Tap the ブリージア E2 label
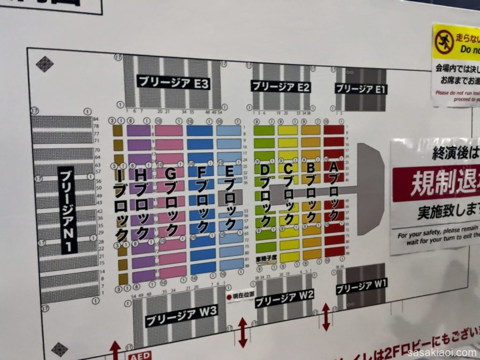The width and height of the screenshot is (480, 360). click(281, 87)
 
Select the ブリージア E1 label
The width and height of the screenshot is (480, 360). click(361, 89)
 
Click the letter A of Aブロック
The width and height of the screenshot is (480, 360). click(333, 167)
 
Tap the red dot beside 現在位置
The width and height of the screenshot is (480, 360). click(230, 297)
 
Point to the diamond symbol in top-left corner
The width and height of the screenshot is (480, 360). click(45, 64)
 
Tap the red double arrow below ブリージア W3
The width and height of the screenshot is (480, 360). click(242, 333)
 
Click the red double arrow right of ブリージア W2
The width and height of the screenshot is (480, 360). click(325, 317)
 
